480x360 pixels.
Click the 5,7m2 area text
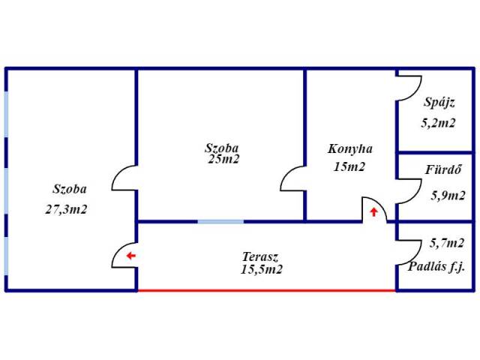pyautogui.click(x=447, y=242)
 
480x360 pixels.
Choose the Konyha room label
pyautogui.click(x=350, y=148)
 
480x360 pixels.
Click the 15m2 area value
pyautogui.click(x=349, y=166)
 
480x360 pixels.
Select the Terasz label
pyautogui.click(x=260, y=256)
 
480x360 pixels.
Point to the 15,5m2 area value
pyautogui.click(x=262, y=269)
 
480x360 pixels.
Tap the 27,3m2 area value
pyautogui.click(x=66, y=209)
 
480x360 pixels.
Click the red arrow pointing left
pyautogui.click(x=130, y=256)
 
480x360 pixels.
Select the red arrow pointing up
pyautogui.click(x=373, y=212)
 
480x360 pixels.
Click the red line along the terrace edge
pyautogui.click(x=266, y=289)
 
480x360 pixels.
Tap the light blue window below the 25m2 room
pyautogui.click(x=220, y=221)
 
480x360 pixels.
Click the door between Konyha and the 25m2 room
pyautogui.click(x=292, y=179)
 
